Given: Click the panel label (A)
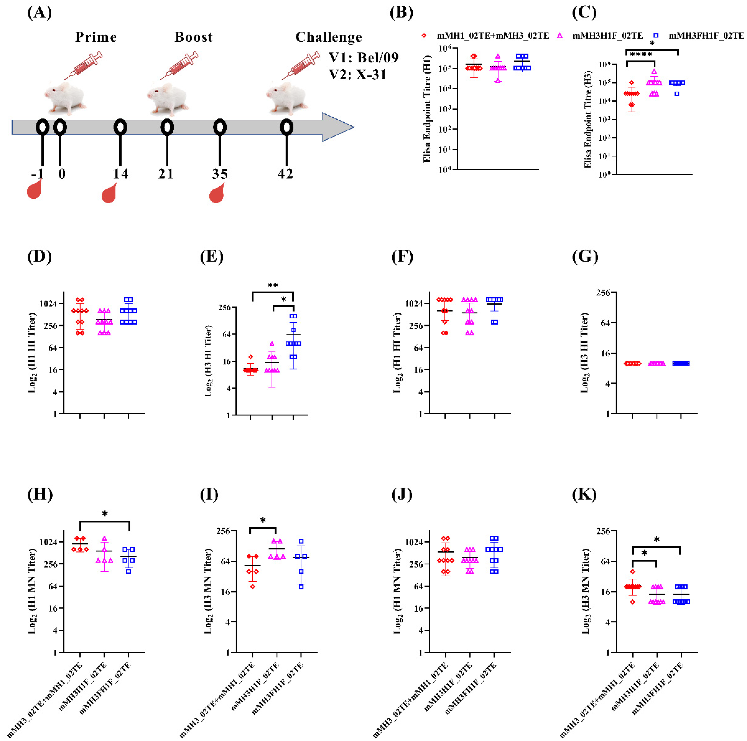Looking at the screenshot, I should point(39,13).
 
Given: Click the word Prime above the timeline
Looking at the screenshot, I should point(96,37).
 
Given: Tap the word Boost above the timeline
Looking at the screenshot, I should point(193,37).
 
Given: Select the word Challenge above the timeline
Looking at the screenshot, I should point(329,37).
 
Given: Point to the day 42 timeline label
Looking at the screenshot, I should point(285,174).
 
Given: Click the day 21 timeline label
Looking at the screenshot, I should point(166,174).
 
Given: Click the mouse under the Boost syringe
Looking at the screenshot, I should point(168,99).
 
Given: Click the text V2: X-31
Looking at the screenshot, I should point(358,74).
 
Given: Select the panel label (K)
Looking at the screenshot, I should point(584,494).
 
